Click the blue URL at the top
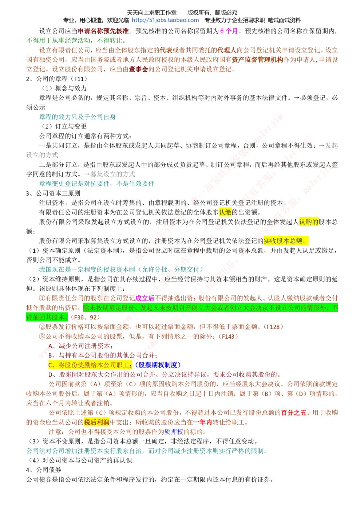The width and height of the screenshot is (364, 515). click(166, 20)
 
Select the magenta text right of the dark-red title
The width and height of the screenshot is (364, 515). click(229, 31)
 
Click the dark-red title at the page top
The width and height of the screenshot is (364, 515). click(103, 31)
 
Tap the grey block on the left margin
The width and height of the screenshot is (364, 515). click(42, 156)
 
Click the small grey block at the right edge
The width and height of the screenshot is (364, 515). click(329, 145)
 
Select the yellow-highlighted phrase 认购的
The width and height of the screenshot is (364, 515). click(308, 221)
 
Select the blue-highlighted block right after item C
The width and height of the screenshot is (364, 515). click(157, 365)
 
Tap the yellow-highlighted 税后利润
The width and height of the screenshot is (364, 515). click(97, 422)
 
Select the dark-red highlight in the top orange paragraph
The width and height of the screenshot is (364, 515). click(138, 68)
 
